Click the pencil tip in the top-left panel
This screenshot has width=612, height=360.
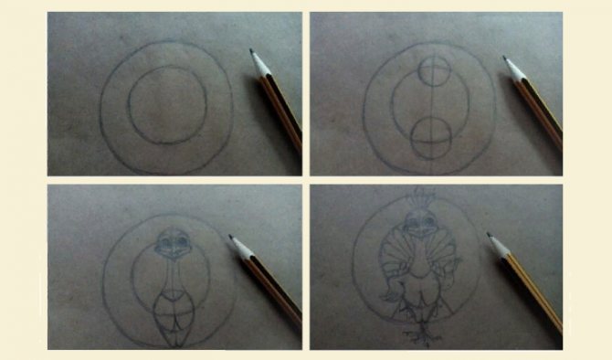[x=251, y=51]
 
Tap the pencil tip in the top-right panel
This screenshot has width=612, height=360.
[x=504, y=58]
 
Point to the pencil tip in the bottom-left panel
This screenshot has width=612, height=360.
[x=231, y=238]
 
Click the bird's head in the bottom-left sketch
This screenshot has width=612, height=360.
[x=171, y=242]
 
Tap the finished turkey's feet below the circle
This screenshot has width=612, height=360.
[x=420, y=336]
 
